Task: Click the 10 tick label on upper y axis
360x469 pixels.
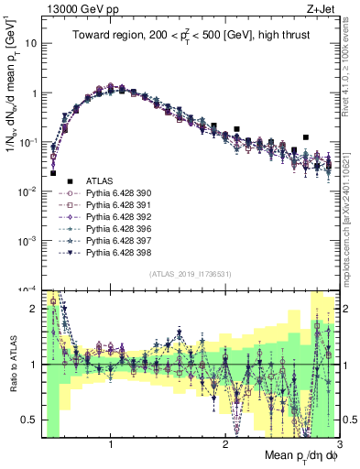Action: click(x=31, y=43)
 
